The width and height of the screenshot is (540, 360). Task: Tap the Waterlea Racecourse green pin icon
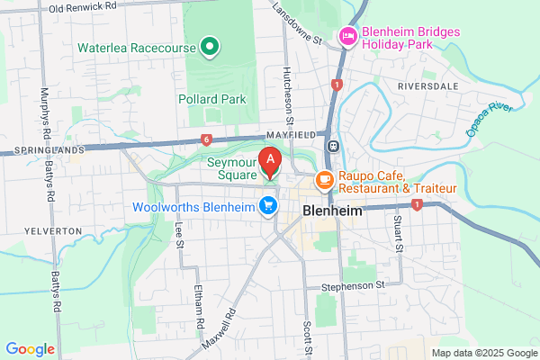210,45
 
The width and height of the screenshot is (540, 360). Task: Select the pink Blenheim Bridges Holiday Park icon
347,37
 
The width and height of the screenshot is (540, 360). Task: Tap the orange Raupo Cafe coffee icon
323,182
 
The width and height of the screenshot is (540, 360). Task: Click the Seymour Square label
231,169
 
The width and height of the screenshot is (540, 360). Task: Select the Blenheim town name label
333,211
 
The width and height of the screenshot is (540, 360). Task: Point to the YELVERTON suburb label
41,230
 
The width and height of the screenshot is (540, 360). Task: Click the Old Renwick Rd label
85,8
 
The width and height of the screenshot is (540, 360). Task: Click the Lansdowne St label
301,25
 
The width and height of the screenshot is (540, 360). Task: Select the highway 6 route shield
206,139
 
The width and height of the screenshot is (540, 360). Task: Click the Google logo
30,349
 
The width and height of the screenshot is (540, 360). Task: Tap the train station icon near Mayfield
333,146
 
